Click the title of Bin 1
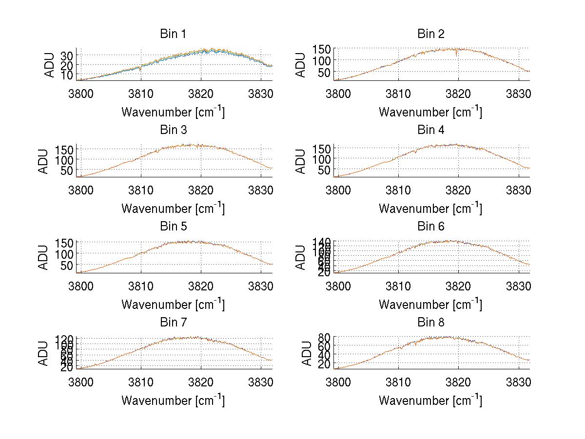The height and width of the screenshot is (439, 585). point(173,34)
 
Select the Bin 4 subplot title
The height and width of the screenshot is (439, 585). point(431,130)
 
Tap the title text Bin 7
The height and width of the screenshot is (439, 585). point(173,323)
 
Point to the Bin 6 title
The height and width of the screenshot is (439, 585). point(431,227)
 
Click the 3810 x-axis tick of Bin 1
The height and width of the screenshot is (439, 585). point(141,93)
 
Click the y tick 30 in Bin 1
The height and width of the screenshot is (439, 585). point(67,54)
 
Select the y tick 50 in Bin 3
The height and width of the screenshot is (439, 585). point(69,170)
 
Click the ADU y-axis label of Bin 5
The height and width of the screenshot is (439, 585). point(44,257)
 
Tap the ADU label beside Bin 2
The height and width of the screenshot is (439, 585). point(302,64)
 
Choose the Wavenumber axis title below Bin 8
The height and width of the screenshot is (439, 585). point(430,401)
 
